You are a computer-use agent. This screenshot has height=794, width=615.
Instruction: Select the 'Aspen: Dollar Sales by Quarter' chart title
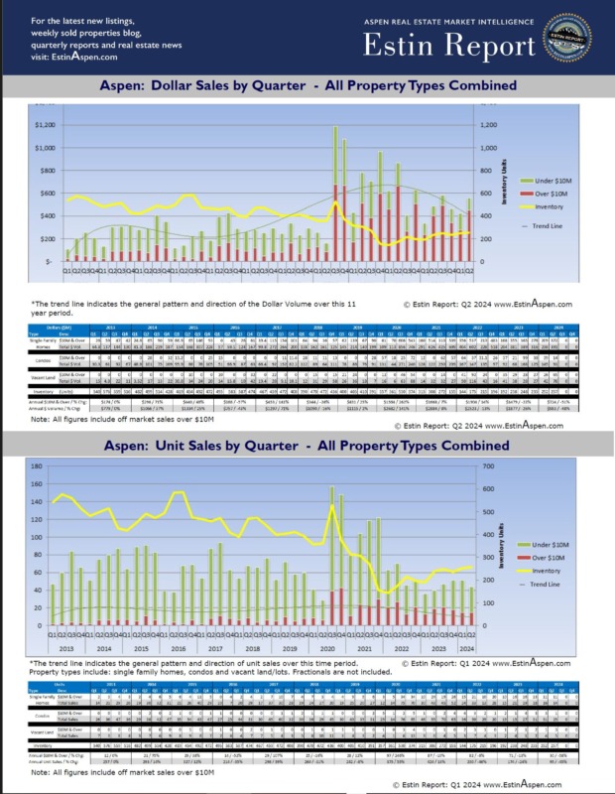[307, 86]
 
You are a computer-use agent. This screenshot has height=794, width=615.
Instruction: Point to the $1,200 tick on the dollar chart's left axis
[45, 125]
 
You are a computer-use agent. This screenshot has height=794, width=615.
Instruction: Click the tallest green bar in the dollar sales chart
[335, 155]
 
